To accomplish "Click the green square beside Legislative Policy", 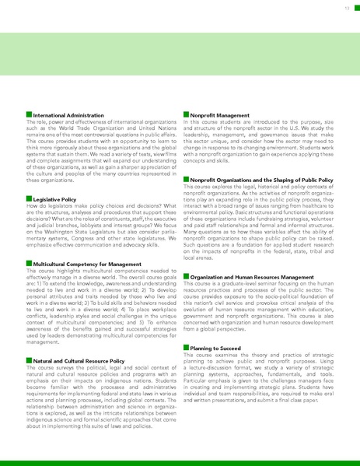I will click(x=29, y=199).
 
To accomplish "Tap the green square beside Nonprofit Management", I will click(x=186, y=115).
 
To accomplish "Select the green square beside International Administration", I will click(x=29, y=115).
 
